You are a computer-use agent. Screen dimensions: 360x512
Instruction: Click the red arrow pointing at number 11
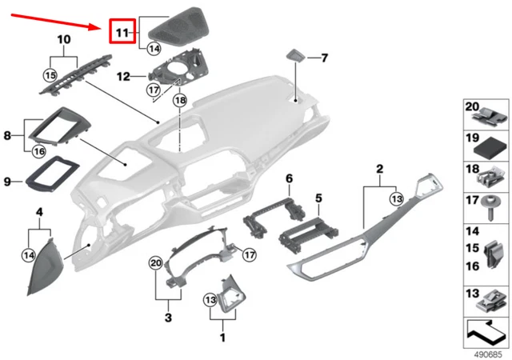click(56, 18)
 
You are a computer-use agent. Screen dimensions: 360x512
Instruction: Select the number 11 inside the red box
click(121, 33)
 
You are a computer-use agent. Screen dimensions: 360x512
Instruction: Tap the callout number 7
click(325, 58)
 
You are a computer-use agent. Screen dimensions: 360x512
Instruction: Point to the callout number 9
click(6, 182)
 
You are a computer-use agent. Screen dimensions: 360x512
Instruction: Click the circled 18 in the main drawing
click(179, 101)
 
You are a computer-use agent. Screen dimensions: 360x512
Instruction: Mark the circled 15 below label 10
click(50, 75)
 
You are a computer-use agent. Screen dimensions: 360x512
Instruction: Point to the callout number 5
click(318, 197)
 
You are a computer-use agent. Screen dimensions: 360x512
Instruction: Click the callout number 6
click(290, 177)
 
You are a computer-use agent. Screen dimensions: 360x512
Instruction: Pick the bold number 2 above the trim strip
click(379, 168)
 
